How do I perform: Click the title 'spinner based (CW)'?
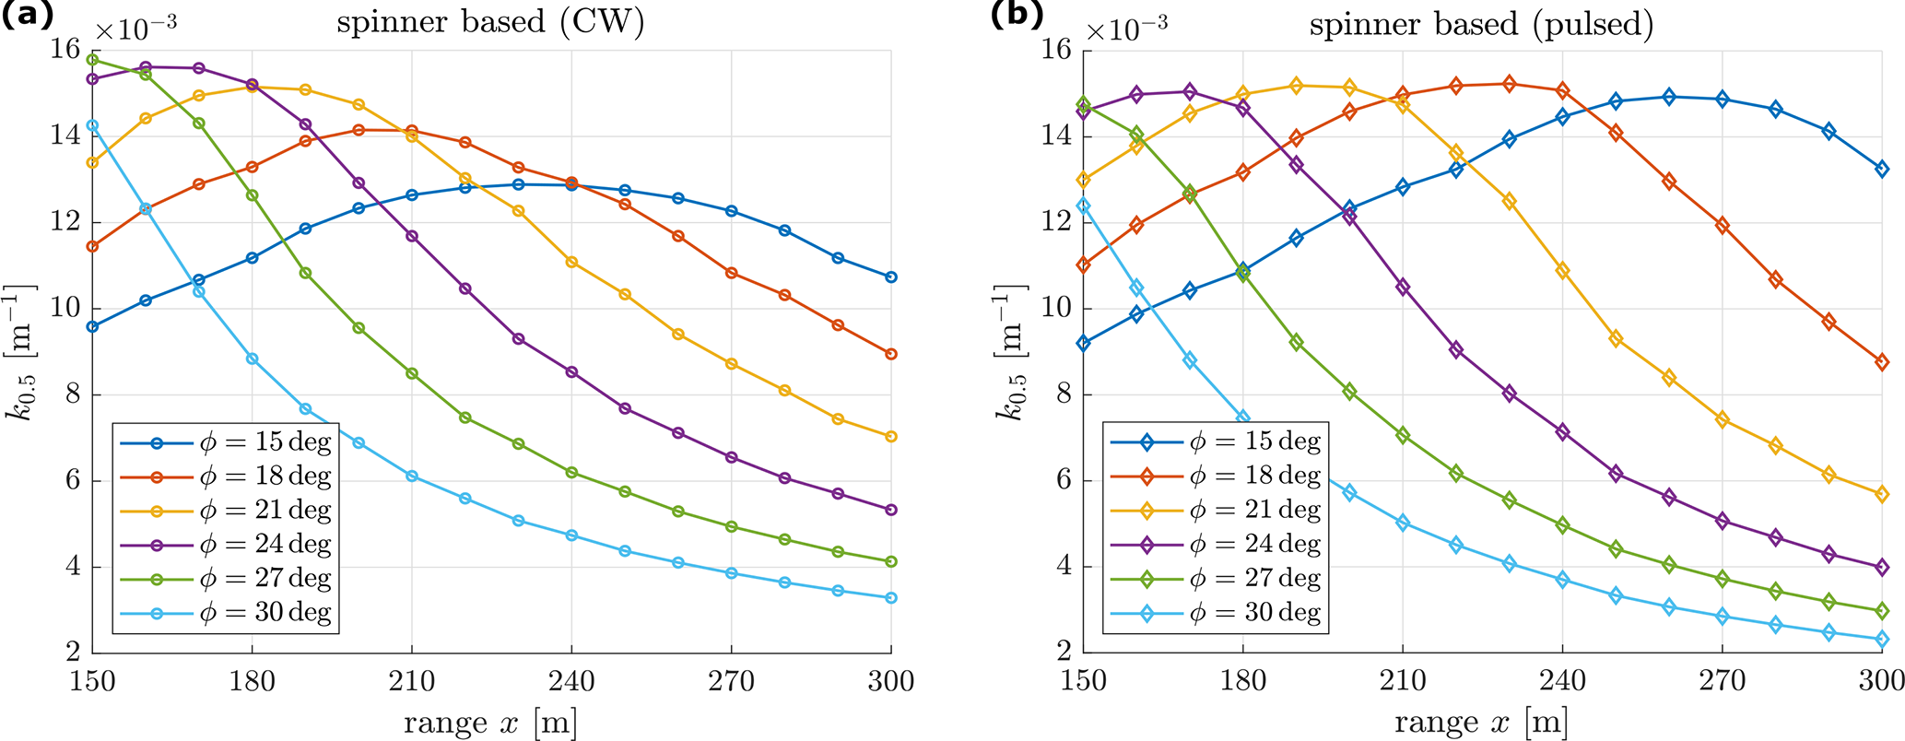pyautogui.click(x=489, y=23)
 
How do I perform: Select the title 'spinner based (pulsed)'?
pyautogui.click(x=1481, y=23)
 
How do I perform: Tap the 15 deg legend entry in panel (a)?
pyautogui.click(x=226, y=442)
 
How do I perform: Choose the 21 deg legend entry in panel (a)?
pyautogui.click(x=226, y=511)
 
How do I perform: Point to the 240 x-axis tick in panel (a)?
pyautogui.click(x=571, y=681)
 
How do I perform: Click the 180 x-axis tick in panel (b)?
pyautogui.click(x=1242, y=681)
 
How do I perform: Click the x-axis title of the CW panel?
pyautogui.click(x=490, y=723)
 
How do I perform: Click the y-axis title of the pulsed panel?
pyautogui.click(x=1012, y=352)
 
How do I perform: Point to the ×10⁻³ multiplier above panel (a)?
pyautogui.click(x=135, y=28)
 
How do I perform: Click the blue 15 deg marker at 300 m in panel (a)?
pyautogui.click(x=890, y=277)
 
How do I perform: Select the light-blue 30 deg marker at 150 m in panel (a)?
pyautogui.click(x=92, y=125)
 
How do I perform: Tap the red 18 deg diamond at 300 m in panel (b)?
pyautogui.click(x=1882, y=362)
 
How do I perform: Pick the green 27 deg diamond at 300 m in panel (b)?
pyautogui.click(x=1882, y=611)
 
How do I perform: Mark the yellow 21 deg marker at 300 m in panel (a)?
pyautogui.click(x=890, y=437)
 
